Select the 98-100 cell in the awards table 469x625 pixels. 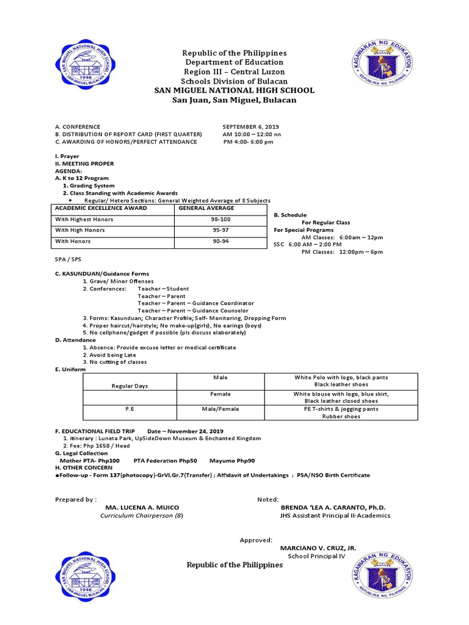220,219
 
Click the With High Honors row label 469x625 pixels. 80,230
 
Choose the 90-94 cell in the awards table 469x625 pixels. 220,241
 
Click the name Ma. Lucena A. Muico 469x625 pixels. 142,507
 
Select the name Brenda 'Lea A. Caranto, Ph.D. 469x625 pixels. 333,507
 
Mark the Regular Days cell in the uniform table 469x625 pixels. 129,386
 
